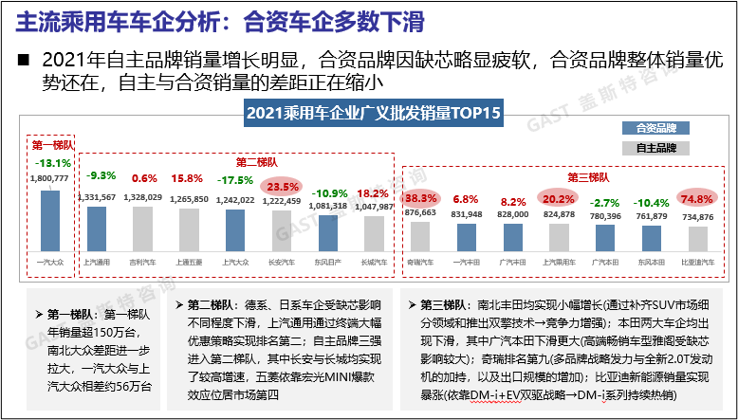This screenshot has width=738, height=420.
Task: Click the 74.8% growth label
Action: (x=698, y=199)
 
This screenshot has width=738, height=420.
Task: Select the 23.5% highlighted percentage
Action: (x=282, y=186)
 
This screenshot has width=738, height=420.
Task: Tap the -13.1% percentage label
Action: (x=49, y=163)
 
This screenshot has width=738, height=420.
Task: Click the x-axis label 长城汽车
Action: (x=375, y=259)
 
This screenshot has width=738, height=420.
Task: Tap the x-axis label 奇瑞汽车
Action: (x=420, y=259)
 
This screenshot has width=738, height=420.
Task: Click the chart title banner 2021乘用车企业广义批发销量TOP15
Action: (x=373, y=114)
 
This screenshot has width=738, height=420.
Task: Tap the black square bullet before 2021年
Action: (x=25, y=60)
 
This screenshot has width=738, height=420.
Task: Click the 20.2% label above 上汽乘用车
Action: (x=559, y=199)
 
